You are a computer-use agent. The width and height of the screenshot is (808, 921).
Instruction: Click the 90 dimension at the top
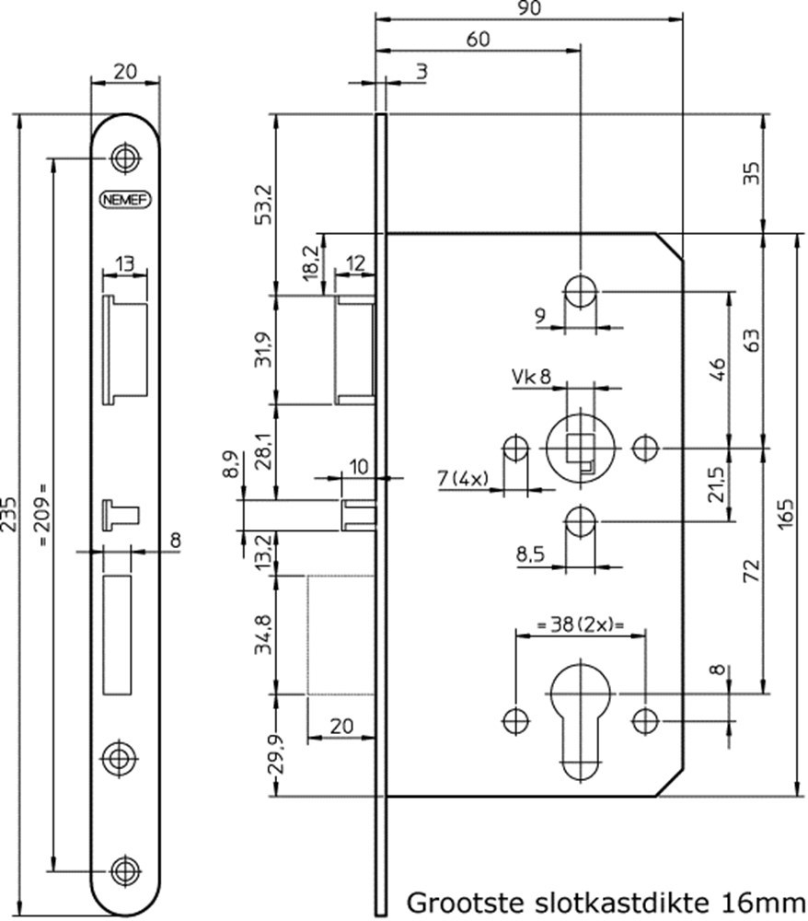tap(527, 8)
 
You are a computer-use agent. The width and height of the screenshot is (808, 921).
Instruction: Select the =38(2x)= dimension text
tap(578, 626)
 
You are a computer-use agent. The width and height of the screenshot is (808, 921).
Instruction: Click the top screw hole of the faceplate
tap(123, 157)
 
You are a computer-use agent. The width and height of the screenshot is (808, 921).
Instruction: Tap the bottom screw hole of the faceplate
tap(123, 869)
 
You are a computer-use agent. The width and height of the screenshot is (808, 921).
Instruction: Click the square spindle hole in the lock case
tap(576, 449)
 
